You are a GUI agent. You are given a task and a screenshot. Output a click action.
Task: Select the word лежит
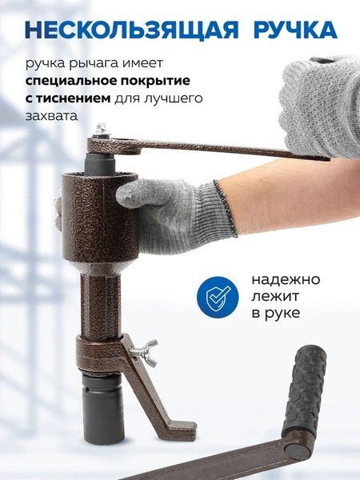click(273, 297)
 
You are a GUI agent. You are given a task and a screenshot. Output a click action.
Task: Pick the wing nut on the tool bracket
click(147, 350)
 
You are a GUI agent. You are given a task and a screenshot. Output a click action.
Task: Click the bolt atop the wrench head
click(102, 130)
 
